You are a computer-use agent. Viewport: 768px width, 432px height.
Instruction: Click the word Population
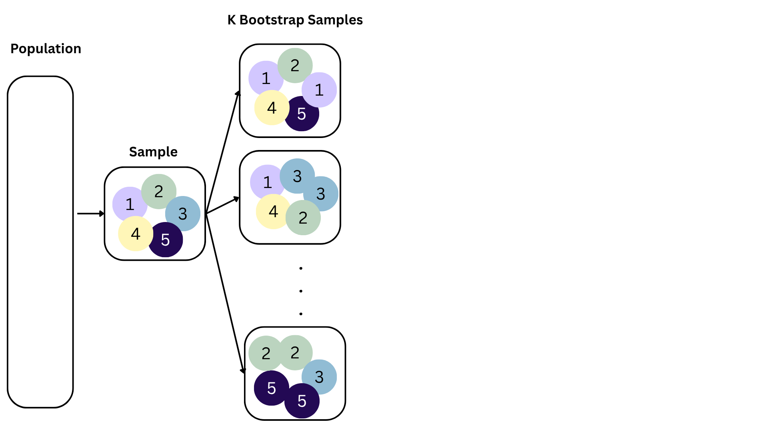(46, 49)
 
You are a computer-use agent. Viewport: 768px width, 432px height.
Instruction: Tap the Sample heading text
(153, 152)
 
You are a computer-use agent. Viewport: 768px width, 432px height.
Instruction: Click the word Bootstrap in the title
(272, 20)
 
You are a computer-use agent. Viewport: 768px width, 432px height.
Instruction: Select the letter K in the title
(232, 20)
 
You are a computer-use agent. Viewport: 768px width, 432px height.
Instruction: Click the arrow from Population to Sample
(90, 214)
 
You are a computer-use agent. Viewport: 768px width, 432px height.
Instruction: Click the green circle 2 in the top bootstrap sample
(295, 65)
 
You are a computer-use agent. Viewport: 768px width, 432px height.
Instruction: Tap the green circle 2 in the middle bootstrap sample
(303, 218)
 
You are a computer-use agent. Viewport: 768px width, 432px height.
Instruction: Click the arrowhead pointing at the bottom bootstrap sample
(243, 371)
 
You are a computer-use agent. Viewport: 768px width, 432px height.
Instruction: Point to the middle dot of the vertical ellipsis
(301, 291)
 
